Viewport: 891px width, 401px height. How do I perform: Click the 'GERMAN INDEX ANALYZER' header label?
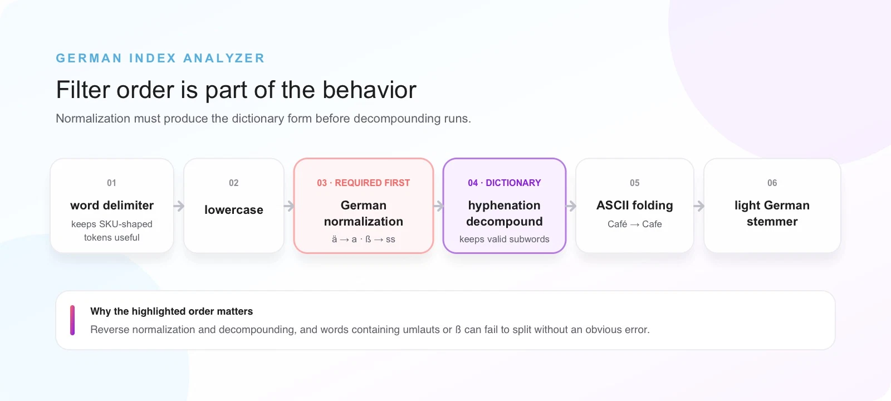(160, 58)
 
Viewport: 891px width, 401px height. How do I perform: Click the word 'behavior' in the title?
(370, 90)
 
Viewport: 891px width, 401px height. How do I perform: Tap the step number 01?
(112, 183)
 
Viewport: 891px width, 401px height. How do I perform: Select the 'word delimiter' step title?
(112, 206)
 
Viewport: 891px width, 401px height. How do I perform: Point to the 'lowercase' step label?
(234, 209)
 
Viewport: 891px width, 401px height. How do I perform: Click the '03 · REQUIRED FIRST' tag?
(364, 183)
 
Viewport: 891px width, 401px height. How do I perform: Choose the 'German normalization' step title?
(364, 213)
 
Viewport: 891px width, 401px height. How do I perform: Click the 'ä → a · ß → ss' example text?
(364, 239)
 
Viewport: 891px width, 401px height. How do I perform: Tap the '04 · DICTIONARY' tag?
(505, 183)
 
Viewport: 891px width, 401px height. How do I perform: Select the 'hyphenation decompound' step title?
(505, 213)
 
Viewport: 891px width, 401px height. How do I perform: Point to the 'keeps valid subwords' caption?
(505, 239)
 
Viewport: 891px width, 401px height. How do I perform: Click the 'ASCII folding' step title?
(635, 206)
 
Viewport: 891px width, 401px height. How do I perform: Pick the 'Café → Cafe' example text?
(635, 224)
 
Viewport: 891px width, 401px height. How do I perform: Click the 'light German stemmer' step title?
(772, 213)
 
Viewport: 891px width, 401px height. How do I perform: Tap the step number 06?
(772, 183)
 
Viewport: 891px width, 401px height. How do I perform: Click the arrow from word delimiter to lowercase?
(179, 206)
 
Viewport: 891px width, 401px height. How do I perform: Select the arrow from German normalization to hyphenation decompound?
(438, 206)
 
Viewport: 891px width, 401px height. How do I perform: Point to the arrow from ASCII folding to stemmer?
(699, 206)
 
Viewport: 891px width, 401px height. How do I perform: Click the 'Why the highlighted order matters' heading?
(172, 311)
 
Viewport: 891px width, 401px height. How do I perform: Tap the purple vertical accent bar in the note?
(72, 320)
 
